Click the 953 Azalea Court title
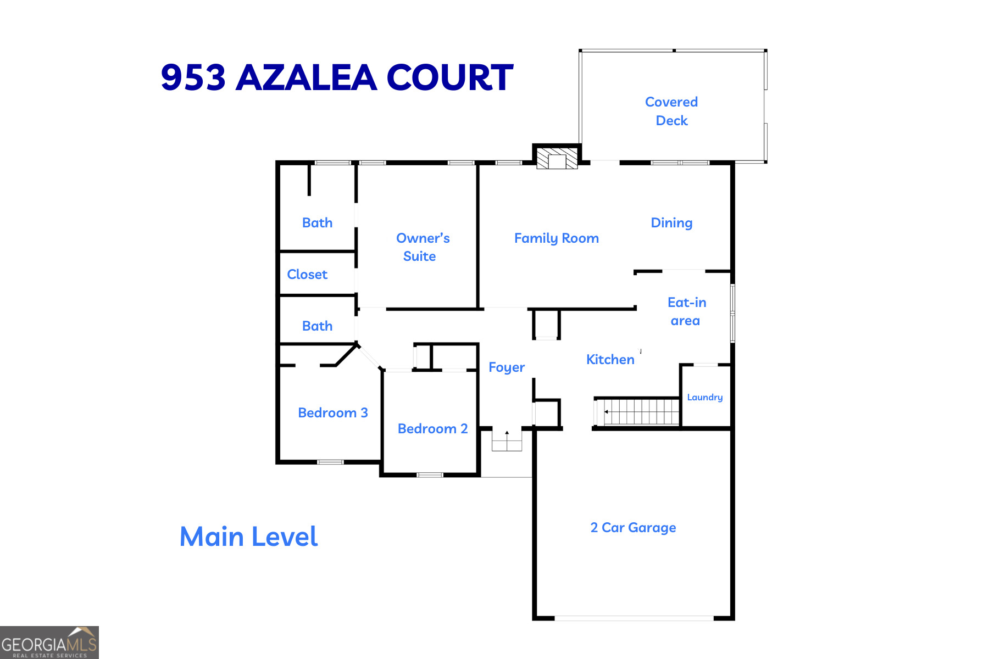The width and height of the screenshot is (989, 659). tap(337, 77)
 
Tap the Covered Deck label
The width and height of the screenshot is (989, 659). tap(671, 111)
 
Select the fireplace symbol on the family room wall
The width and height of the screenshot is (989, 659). tap(557, 159)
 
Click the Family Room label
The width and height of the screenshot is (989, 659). tap(556, 238)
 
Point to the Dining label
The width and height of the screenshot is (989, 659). tap(671, 223)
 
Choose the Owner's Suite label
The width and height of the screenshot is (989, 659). tap(422, 247)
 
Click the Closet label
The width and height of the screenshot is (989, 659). tap(307, 275)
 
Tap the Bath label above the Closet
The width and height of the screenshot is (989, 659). tap(317, 223)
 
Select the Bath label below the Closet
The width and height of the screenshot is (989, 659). tap(317, 326)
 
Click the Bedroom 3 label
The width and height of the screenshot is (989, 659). tap(332, 413)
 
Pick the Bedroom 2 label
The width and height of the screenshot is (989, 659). tap(432, 429)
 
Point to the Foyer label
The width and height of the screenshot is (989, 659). tap(507, 367)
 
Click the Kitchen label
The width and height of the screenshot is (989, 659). tap(610, 360)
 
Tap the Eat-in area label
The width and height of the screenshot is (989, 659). tap(686, 311)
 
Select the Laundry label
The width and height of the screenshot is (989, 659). tap(704, 397)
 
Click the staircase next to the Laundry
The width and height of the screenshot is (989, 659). tap(640, 412)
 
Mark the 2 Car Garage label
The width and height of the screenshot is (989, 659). tap(633, 528)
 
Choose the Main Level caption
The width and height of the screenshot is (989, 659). tap(248, 537)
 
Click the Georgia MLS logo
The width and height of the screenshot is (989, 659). tap(49, 643)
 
